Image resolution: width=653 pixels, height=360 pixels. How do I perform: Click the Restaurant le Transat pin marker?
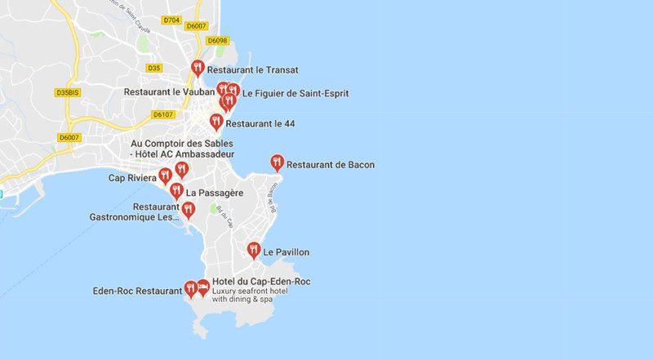point(198,69)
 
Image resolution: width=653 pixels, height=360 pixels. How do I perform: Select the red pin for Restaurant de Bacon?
point(277,162)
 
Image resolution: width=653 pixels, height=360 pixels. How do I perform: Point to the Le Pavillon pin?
point(254,250)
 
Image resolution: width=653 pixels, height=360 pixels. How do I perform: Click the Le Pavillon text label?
point(286,252)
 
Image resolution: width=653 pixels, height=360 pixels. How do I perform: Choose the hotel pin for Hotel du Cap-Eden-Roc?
point(203,287)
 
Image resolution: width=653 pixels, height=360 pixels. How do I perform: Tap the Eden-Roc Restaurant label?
point(137,291)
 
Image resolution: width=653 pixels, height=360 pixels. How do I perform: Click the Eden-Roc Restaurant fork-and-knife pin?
point(191,287)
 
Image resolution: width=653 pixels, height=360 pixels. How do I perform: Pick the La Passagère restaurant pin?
point(176,191)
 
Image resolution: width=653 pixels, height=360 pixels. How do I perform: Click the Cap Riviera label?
point(131,178)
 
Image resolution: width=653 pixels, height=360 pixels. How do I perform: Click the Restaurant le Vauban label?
point(170,92)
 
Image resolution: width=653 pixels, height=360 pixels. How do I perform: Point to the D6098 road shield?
point(217,40)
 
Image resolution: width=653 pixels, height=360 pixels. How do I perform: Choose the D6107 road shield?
point(164,114)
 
